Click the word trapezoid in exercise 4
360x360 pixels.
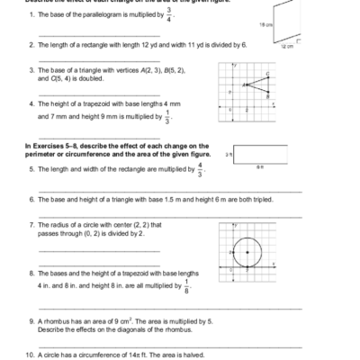click(89, 104)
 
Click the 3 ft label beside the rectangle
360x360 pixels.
click(229, 154)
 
